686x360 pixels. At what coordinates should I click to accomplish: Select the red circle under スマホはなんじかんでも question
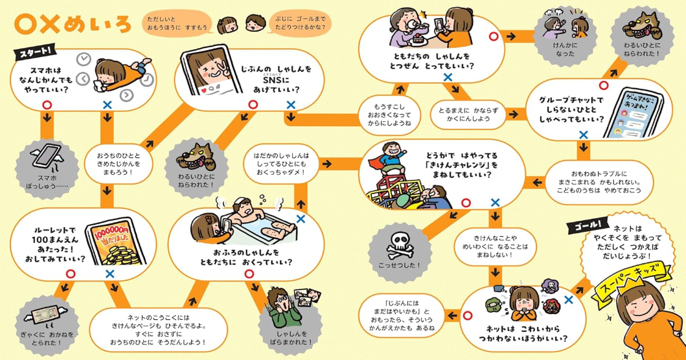pyautogui.click(x=47, y=105)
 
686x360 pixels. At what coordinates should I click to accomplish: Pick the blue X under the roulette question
pyautogui.click(x=110, y=274)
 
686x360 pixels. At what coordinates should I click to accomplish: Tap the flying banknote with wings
pyautogui.click(x=47, y=313)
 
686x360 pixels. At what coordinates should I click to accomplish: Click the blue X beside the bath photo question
pyautogui.click(x=301, y=219)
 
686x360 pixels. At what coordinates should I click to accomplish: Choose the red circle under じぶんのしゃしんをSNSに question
pyautogui.click(x=253, y=105)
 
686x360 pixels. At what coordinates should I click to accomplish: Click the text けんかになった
pyautogui.click(x=565, y=49)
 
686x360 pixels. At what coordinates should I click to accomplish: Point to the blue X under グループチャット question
pyautogui.click(x=583, y=135)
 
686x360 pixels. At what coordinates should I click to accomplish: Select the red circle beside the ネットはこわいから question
pyautogui.click(x=467, y=315)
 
